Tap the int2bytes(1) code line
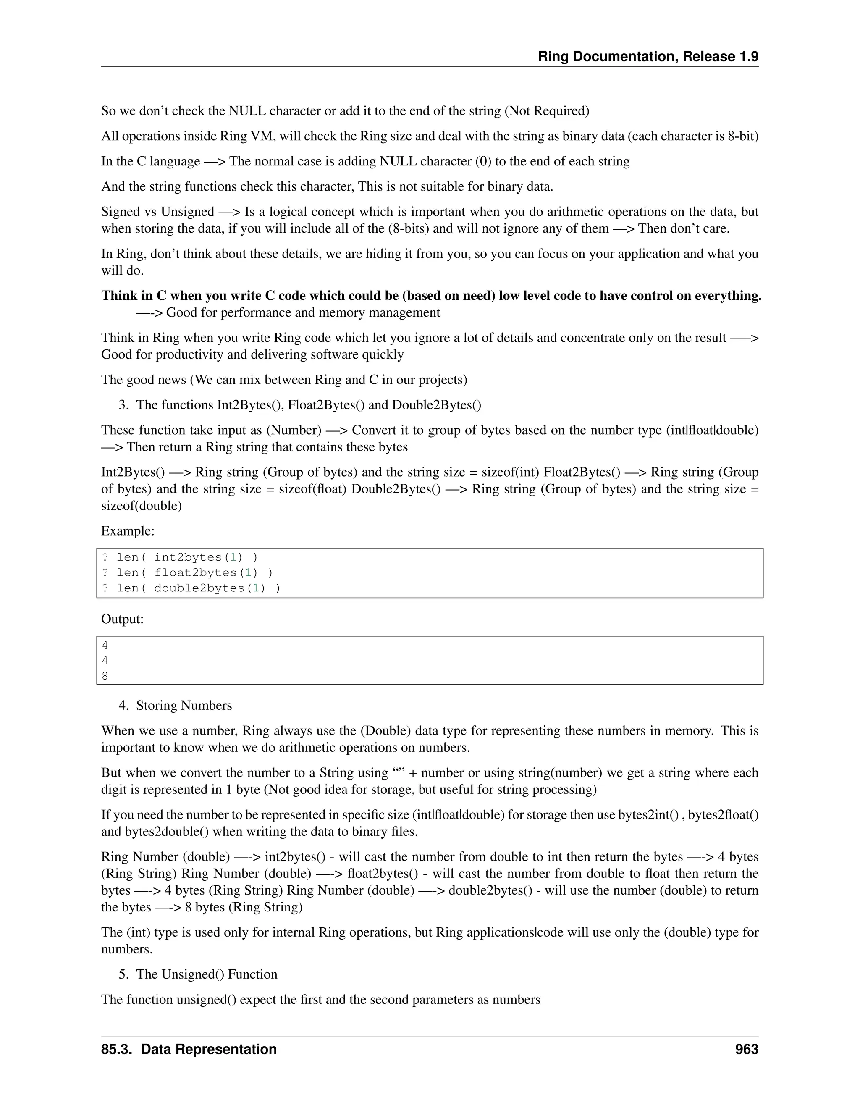click(x=180, y=557)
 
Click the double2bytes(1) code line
click(x=191, y=588)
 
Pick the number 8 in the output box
click(x=105, y=676)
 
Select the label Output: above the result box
click(x=122, y=619)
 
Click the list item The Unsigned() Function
click(x=206, y=974)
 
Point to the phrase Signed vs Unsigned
click(x=157, y=212)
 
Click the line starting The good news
click(x=284, y=380)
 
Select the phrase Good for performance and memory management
click(x=303, y=312)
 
